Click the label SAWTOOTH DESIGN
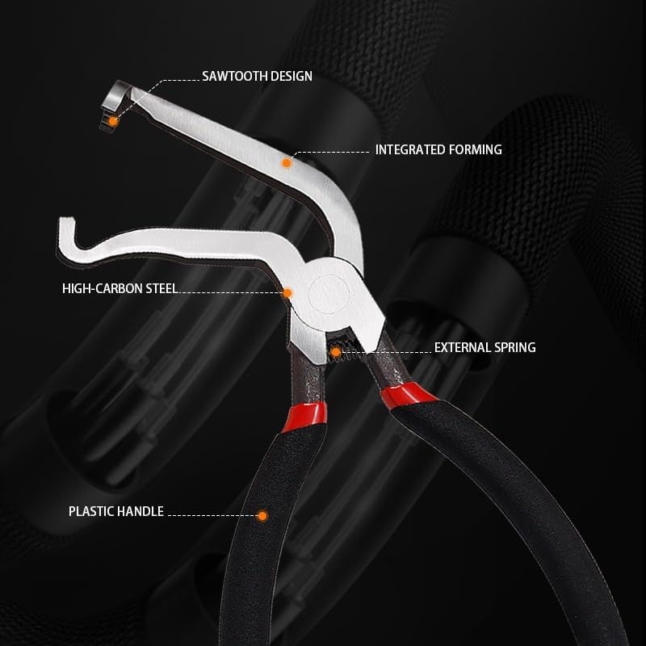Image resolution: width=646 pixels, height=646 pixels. tap(257, 77)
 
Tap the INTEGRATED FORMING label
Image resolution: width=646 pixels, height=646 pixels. tap(438, 149)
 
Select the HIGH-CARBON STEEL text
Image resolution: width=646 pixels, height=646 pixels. tap(120, 287)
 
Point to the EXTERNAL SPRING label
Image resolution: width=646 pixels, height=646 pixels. tap(484, 348)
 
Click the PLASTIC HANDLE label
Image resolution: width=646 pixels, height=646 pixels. tap(116, 511)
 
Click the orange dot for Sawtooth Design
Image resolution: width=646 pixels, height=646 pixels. tap(114, 121)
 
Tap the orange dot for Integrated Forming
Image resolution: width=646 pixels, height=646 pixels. tap(285, 162)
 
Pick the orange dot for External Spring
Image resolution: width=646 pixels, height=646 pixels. tap(335, 350)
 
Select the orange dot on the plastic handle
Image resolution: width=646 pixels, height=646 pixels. tap(262, 514)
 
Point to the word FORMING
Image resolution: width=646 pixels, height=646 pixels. tap(474, 149)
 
